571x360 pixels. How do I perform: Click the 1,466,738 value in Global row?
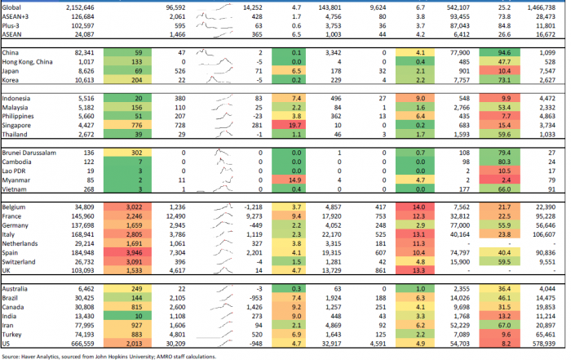[545, 6]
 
